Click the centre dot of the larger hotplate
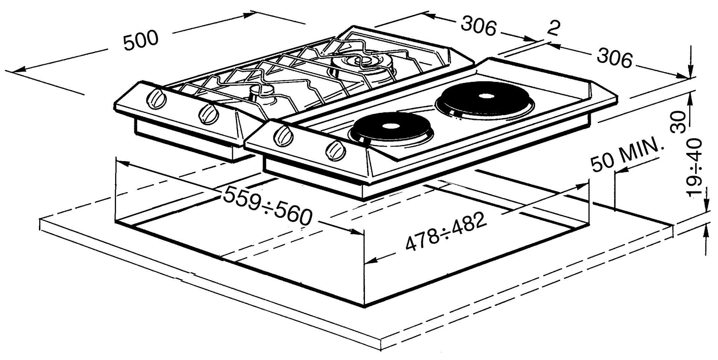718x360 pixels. coord(486,96)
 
